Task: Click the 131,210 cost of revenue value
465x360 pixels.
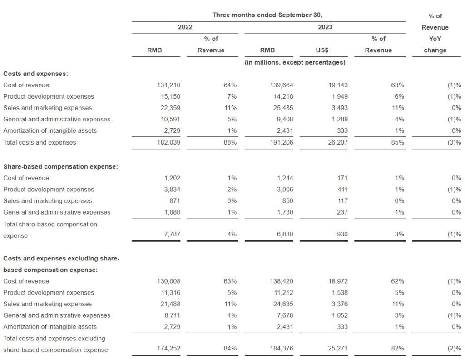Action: coord(168,85)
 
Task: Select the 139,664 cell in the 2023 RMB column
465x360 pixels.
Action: coord(282,85)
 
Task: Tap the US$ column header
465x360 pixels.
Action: coord(322,50)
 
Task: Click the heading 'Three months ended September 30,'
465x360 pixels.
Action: coord(267,15)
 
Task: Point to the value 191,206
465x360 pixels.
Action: coord(282,142)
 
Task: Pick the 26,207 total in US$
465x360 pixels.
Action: coord(338,142)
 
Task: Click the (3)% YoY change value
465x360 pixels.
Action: coord(454,142)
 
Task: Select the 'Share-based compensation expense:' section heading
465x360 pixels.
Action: coord(60,167)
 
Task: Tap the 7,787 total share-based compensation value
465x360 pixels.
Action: coord(172,234)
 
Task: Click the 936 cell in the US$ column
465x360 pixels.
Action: coord(342,234)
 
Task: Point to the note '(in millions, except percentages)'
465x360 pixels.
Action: coord(295,62)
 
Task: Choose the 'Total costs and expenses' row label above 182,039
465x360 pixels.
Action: coord(40,142)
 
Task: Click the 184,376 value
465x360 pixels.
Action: coord(282,349)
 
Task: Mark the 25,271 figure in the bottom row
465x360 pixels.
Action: coord(338,349)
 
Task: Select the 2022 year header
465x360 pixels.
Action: coord(185,27)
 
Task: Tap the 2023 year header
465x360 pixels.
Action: coord(325,27)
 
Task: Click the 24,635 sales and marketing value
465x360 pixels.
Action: coord(283,304)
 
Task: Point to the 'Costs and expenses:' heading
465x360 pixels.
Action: coord(35,74)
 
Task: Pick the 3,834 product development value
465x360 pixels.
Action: coord(172,190)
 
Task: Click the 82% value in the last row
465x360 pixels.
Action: coord(397,349)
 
